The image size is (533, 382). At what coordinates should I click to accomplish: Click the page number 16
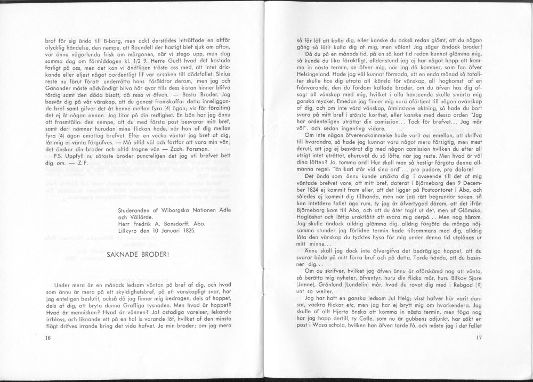click(x=49, y=337)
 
